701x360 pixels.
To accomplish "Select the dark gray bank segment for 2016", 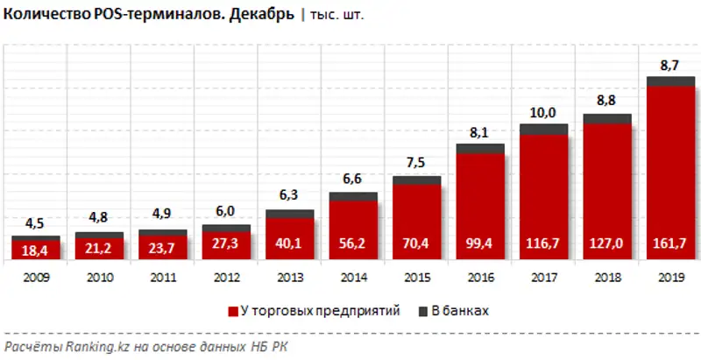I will pos(480,149).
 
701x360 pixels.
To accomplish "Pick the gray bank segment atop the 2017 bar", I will pos(544,130).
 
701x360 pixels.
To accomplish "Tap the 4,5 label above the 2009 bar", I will pos(35,222).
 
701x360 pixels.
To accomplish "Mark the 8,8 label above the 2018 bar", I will pos(607,101).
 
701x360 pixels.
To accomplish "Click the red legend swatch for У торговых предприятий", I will pos(232,311).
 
